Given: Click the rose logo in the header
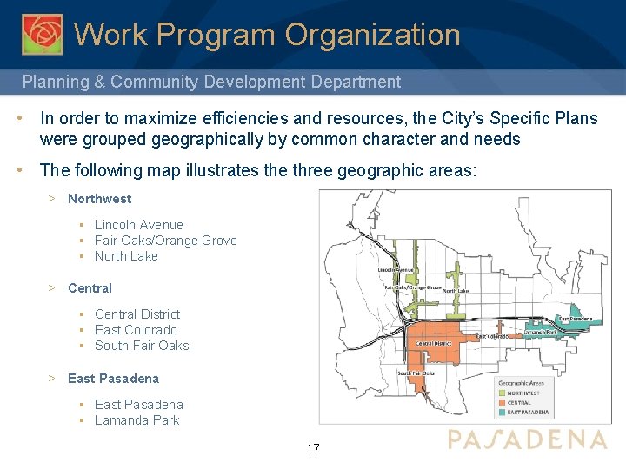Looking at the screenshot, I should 42,34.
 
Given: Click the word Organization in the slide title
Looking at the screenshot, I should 372,35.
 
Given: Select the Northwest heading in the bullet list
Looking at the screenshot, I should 99,199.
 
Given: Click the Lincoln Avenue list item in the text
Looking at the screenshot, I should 138,225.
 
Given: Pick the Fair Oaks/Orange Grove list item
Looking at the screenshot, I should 165,241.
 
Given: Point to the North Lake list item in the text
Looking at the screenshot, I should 126,256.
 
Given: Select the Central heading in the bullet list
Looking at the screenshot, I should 90,288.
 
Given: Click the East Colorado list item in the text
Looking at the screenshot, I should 136,330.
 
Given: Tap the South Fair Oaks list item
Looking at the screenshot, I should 142,346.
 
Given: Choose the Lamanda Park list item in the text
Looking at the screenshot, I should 137,420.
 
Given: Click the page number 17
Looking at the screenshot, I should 313,449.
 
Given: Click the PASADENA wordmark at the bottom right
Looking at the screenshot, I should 527,439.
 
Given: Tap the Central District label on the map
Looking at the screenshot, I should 433,343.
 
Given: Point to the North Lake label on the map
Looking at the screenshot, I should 456,291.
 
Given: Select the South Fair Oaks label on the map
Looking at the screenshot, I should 416,373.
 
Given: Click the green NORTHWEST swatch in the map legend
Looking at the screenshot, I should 502,393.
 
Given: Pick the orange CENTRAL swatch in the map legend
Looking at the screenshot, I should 502,402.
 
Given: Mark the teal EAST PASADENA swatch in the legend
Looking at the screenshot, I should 502,412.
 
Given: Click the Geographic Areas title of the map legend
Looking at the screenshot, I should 521,383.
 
